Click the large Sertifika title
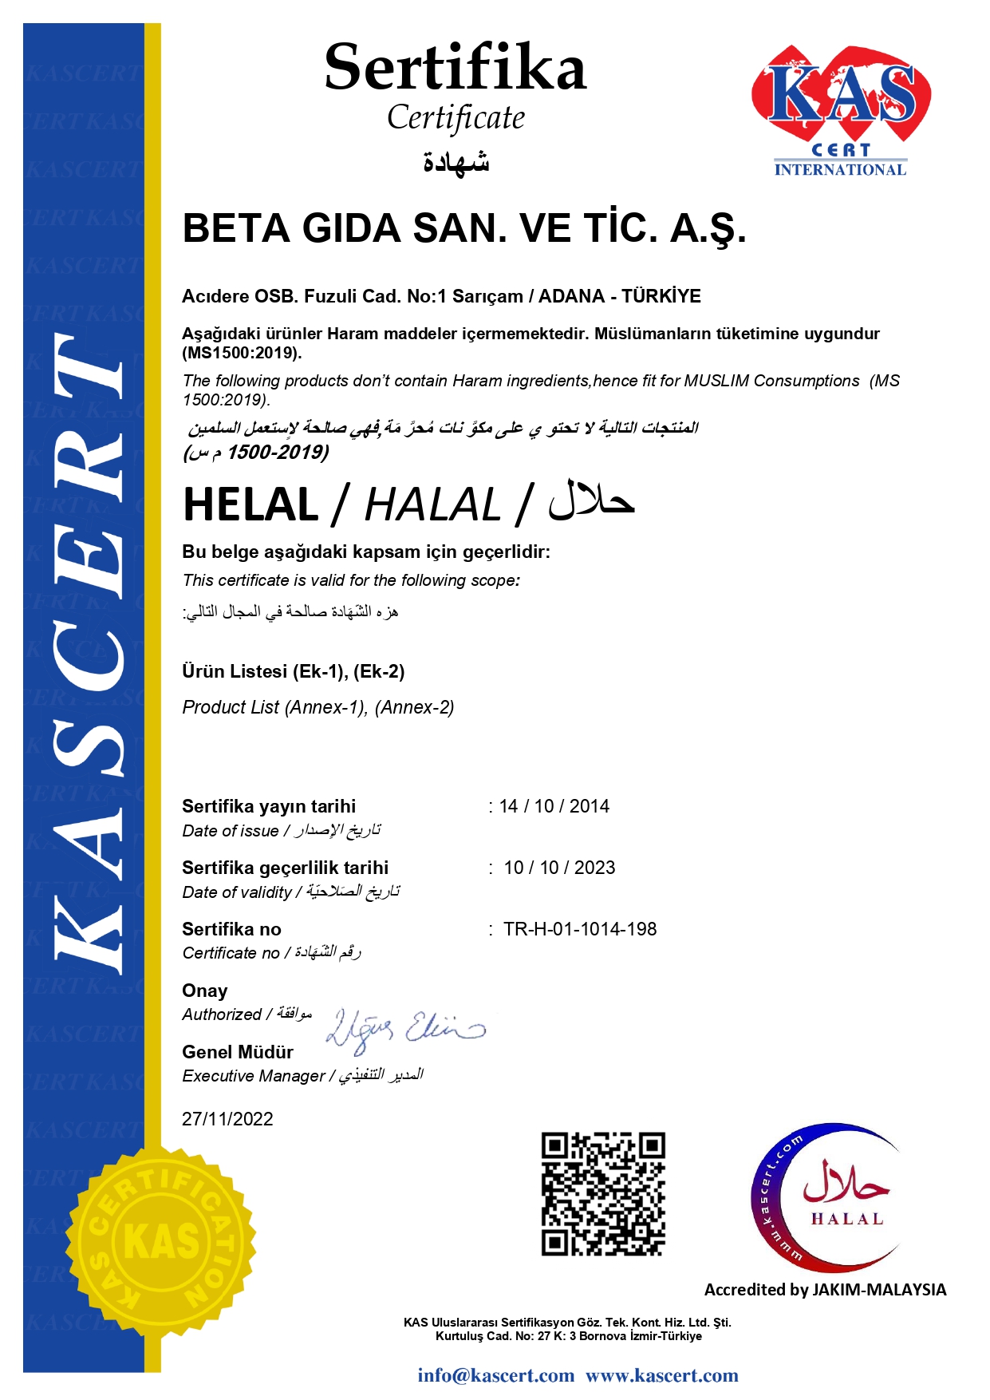[455, 68]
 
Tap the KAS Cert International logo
[840, 110]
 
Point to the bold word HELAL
[250, 505]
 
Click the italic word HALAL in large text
[432, 505]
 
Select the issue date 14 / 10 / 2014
[554, 806]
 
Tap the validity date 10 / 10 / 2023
[559, 868]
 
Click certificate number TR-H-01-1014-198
[580, 929]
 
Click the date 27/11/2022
[227, 1119]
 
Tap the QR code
[603, 1193]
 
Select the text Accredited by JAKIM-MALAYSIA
[825, 1290]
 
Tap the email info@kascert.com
[495, 1375]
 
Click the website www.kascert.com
[661, 1375]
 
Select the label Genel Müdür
[238, 1052]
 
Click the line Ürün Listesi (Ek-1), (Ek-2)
[293, 671]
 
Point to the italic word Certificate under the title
[456, 118]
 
